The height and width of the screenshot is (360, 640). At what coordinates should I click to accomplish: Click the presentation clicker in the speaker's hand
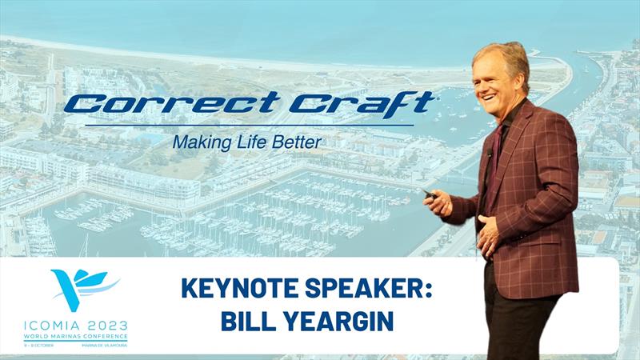430,194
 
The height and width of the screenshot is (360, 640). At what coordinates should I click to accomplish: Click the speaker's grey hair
500,54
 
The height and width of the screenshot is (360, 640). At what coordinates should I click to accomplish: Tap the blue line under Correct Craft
248,124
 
